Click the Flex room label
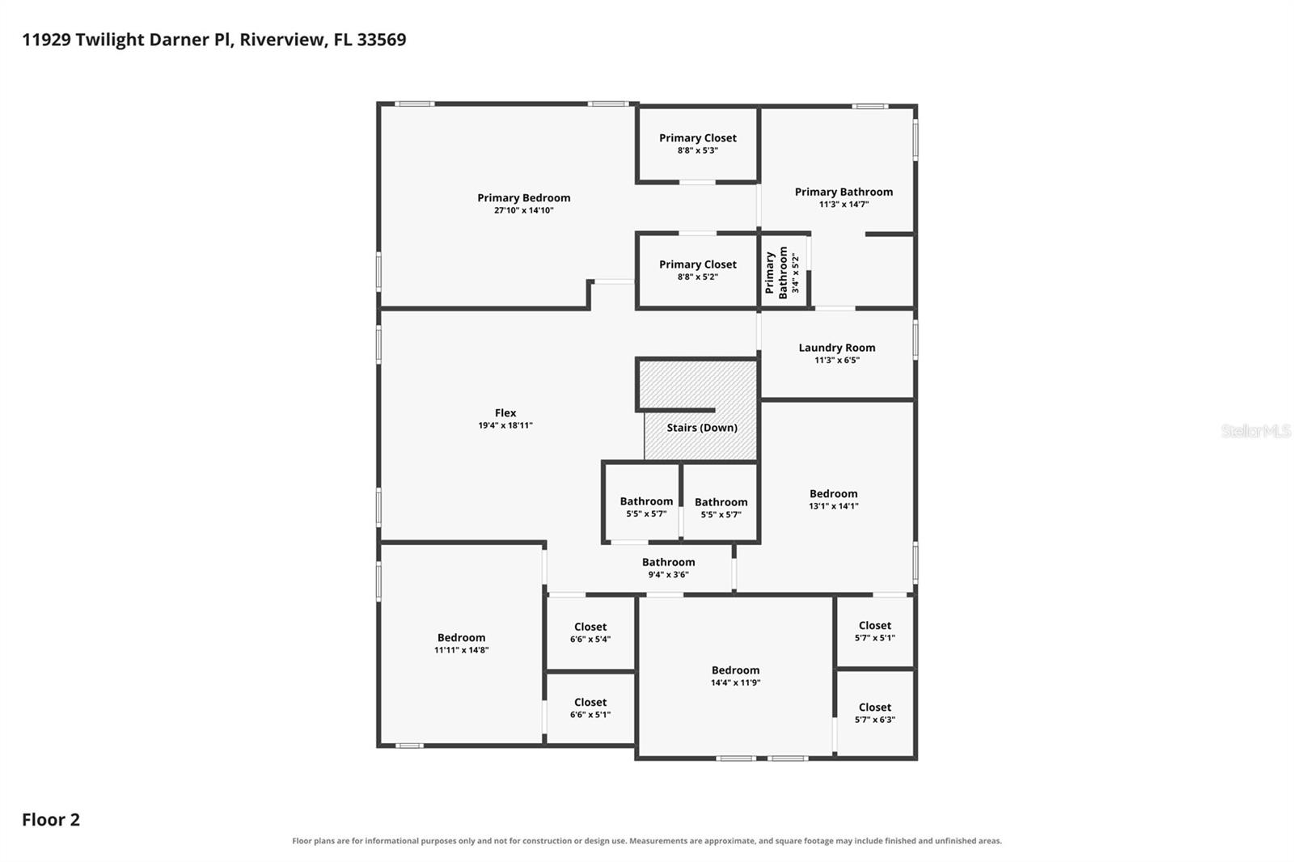505,413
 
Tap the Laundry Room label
836,348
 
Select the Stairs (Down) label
702,428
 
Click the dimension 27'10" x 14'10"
523,210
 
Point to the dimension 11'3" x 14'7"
844,204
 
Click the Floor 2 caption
51,820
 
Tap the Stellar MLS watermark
1255,431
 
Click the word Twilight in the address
110,40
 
